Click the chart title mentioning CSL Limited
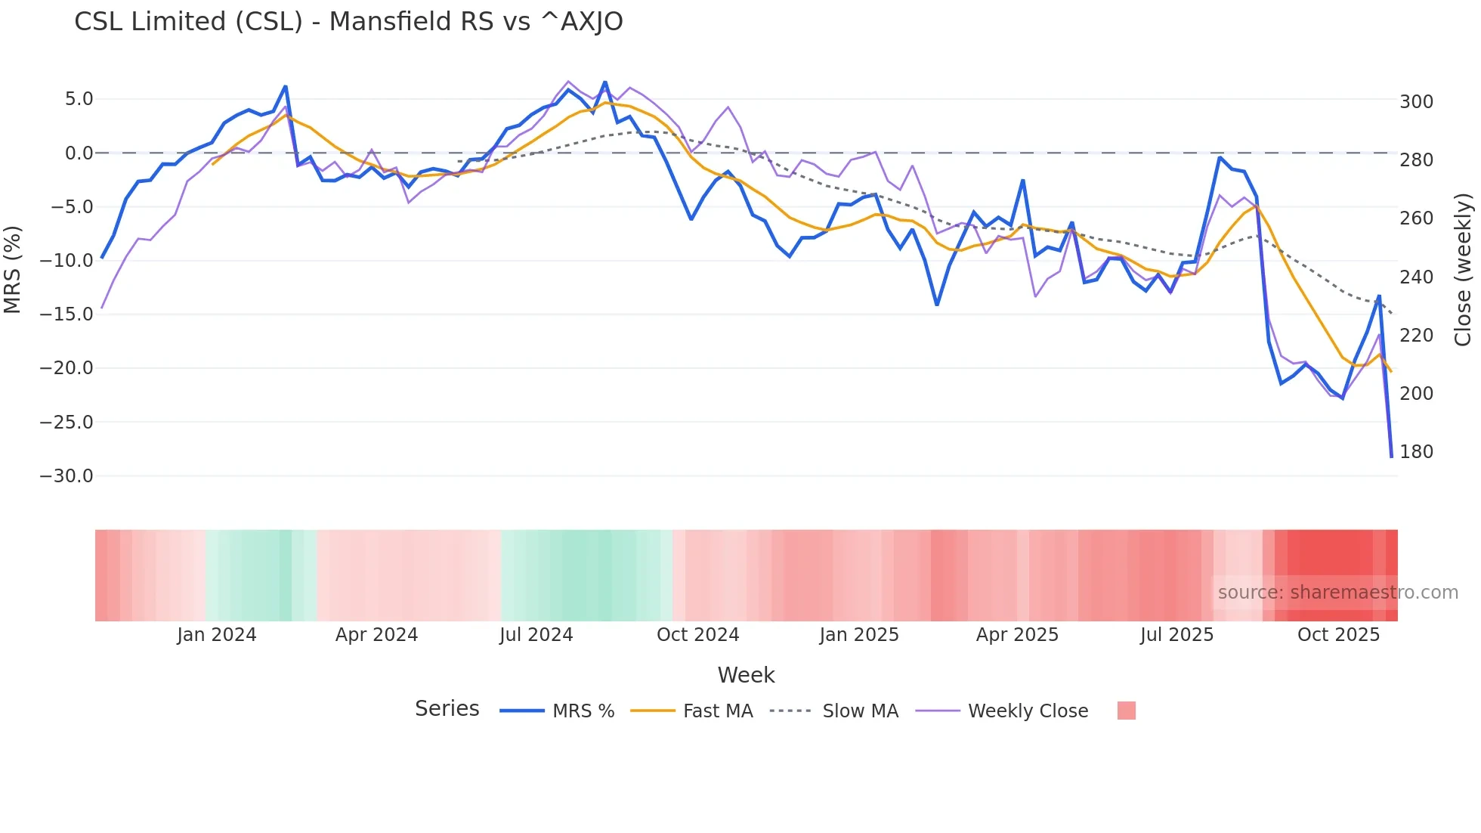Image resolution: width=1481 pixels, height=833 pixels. point(348,22)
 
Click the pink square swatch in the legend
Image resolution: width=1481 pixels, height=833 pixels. point(1126,711)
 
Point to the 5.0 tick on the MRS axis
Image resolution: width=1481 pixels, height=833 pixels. point(79,99)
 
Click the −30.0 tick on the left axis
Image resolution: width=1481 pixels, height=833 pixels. point(66,476)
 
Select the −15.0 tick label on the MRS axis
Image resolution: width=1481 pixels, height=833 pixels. point(66,314)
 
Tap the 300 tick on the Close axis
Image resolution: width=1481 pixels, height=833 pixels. point(1416,101)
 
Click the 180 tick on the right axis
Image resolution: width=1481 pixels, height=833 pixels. point(1416,452)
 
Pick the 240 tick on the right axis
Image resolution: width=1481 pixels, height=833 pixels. point(1416,277)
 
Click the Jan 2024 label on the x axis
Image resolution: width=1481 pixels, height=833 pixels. point(217,635)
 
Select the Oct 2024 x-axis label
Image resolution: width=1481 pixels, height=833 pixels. point(697,635)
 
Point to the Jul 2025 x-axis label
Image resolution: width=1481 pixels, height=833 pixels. point(1176,635)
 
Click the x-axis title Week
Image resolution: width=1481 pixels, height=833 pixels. point(746,675)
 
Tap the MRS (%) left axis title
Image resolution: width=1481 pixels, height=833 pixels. point(12,270)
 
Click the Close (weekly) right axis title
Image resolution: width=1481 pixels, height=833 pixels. point(1463,270)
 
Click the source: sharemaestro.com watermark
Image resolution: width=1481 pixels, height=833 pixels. point(1337,593)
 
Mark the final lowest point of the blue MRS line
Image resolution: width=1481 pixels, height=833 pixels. point(1391,457)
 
